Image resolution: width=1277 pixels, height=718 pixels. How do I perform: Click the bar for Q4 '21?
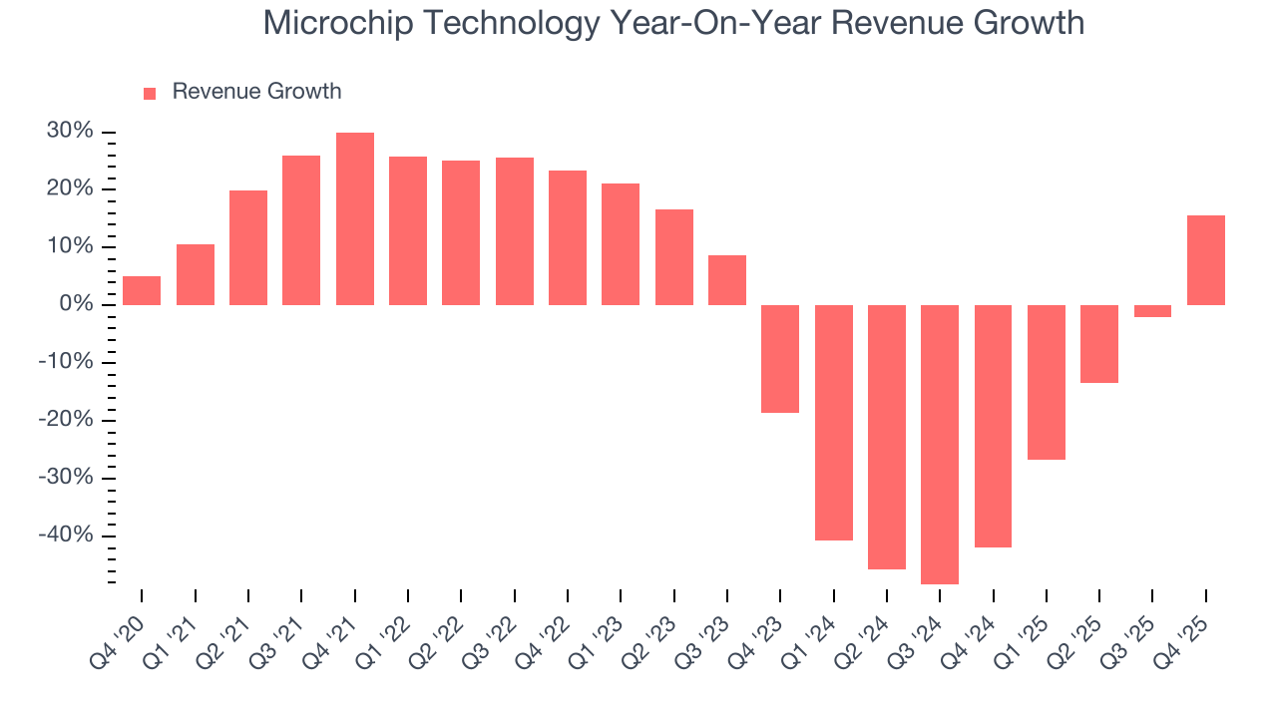tap(355, 218)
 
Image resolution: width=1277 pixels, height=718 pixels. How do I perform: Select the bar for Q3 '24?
tap(940, 444)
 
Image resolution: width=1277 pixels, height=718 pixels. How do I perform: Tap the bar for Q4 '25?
tap(1206, 260)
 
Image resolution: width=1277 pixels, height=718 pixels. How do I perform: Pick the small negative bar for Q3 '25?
tap(1152, 311)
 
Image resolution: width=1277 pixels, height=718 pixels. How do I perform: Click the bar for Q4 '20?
tap(142, 290)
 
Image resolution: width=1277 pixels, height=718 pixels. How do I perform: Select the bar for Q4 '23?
tap(780, 358)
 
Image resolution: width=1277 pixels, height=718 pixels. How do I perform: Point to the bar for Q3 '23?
tap(727, 280)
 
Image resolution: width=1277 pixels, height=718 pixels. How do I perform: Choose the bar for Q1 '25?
tap(1047, 382)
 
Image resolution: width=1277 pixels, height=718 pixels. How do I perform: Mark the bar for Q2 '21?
tap(248, 247)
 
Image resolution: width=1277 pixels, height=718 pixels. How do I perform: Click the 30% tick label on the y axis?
tap(69, 132)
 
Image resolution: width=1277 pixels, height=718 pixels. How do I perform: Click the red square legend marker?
tap(150, 93)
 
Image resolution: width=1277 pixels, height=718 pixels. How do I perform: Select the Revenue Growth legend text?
tap(256, 92)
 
